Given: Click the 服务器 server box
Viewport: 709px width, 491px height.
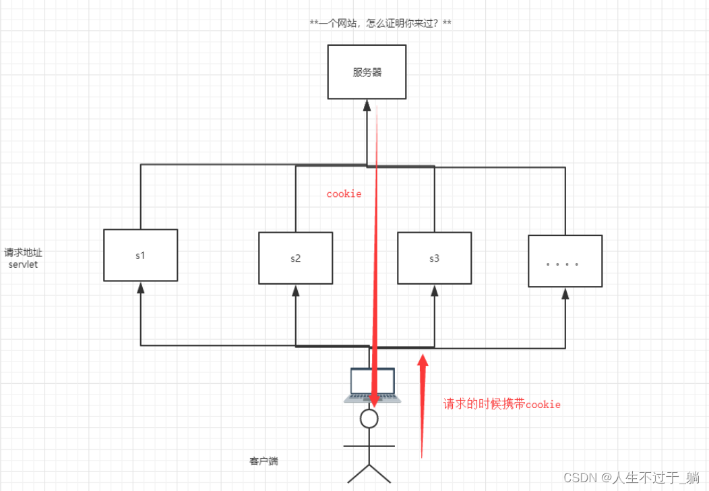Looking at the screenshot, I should tap(367, 71).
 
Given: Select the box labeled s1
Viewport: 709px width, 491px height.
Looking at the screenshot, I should tap(140, 255).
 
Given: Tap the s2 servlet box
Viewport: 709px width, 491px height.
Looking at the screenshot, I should tap(295, 258).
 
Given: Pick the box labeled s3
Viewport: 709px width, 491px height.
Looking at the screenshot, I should tap(434, 258).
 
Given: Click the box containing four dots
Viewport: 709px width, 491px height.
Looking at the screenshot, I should tap(565, 261).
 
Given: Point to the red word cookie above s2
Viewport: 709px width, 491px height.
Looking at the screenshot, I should tap(344, 194).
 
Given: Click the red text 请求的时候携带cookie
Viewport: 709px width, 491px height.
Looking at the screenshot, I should tap(501, 405).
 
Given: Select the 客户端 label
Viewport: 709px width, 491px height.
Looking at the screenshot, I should tap(264, 461).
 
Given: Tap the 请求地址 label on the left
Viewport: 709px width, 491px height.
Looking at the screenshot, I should tap(24, 253).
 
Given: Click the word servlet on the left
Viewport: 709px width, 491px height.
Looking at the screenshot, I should tap(23, 264).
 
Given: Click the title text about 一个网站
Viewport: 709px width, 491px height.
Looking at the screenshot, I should tap(380, 24).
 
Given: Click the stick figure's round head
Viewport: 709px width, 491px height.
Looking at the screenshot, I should tap(369, 419).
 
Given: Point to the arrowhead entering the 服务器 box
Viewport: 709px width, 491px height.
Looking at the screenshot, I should tap(367, 105).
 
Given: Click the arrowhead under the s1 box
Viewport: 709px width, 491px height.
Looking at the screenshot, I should tap(140, 287).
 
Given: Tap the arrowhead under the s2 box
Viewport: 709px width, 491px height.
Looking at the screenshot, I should tap(295, 290).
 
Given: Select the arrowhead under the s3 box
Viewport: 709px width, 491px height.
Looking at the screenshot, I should tap(434, 290).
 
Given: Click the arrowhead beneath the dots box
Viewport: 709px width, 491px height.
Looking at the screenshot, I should tap(565, 293).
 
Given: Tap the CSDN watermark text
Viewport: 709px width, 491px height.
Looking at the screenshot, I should tap(631, 478).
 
